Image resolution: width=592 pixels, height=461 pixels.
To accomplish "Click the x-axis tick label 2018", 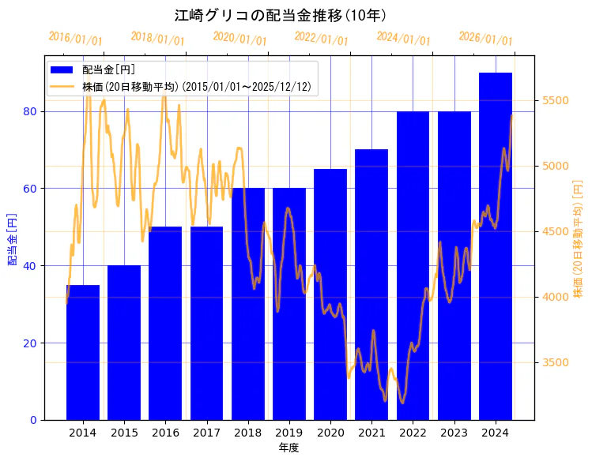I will (x=248, y=433).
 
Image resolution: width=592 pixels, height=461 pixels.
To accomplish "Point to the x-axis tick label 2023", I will (x=454, y=433).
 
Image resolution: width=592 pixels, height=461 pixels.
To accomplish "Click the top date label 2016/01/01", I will (x=75, y=39).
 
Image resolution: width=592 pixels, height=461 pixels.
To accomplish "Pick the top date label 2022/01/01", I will (x=321, y=39).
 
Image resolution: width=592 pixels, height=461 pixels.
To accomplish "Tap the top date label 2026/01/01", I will (x=485, y=39).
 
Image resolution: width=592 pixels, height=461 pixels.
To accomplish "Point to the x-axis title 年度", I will (x=288, y=448).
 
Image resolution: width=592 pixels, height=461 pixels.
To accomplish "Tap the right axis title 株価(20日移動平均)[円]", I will (x=578, y=238).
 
